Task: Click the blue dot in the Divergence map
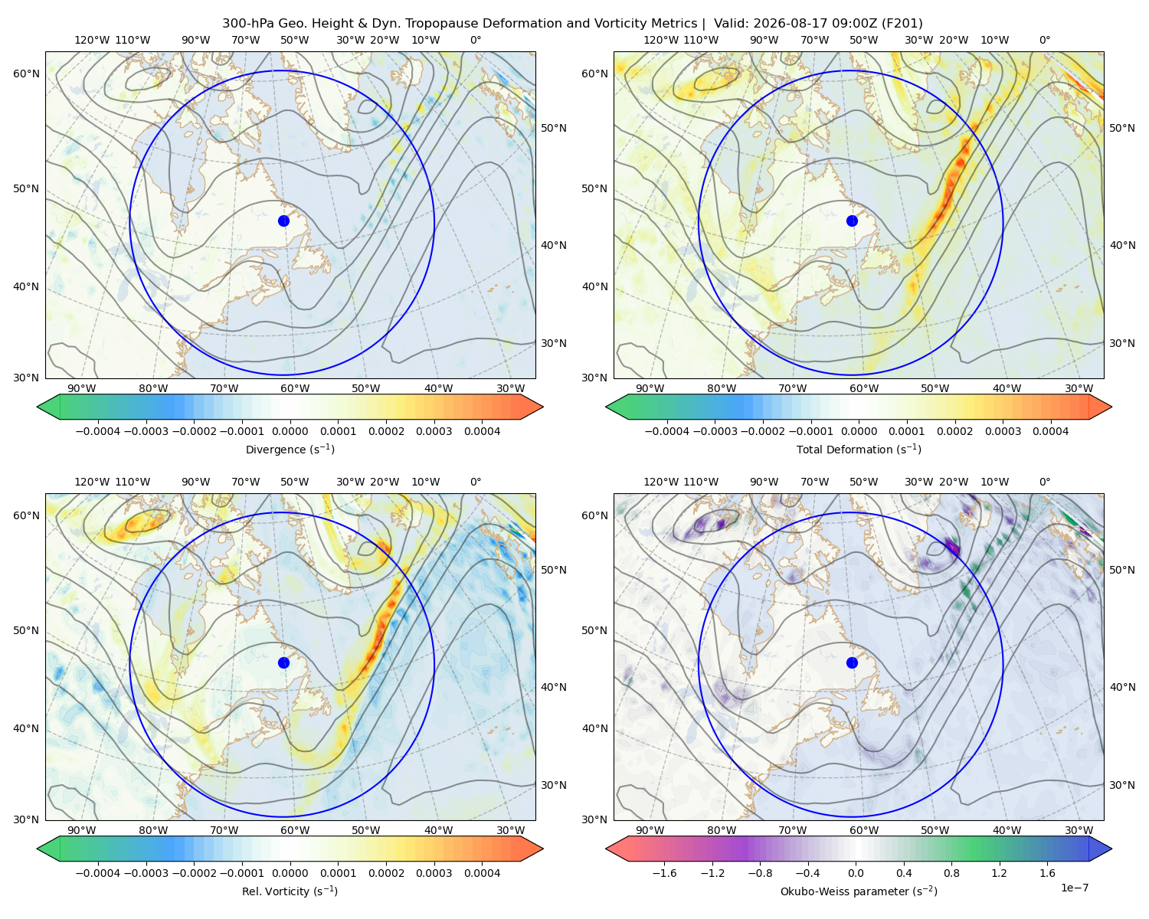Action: point(283,221)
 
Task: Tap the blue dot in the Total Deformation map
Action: point(852,221)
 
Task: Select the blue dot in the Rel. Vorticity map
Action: point(283,662)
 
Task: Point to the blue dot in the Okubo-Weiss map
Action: point(852,662)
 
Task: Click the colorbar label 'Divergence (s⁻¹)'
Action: point(290,449)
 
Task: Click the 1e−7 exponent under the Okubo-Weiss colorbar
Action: point(1074,888)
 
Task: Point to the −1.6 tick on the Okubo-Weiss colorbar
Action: point(664,872)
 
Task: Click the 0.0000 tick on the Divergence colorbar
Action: point(290,431)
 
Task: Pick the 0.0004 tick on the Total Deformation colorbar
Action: point(1050,431)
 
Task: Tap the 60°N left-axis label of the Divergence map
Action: point(26,74)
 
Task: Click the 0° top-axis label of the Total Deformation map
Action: point(1044,40)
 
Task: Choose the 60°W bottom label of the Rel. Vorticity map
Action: point(295,830)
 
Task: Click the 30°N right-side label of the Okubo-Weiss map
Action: point(1122,784)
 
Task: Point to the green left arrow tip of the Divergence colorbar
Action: point(38,407)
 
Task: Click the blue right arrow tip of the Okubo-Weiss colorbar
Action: point(1111,849)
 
